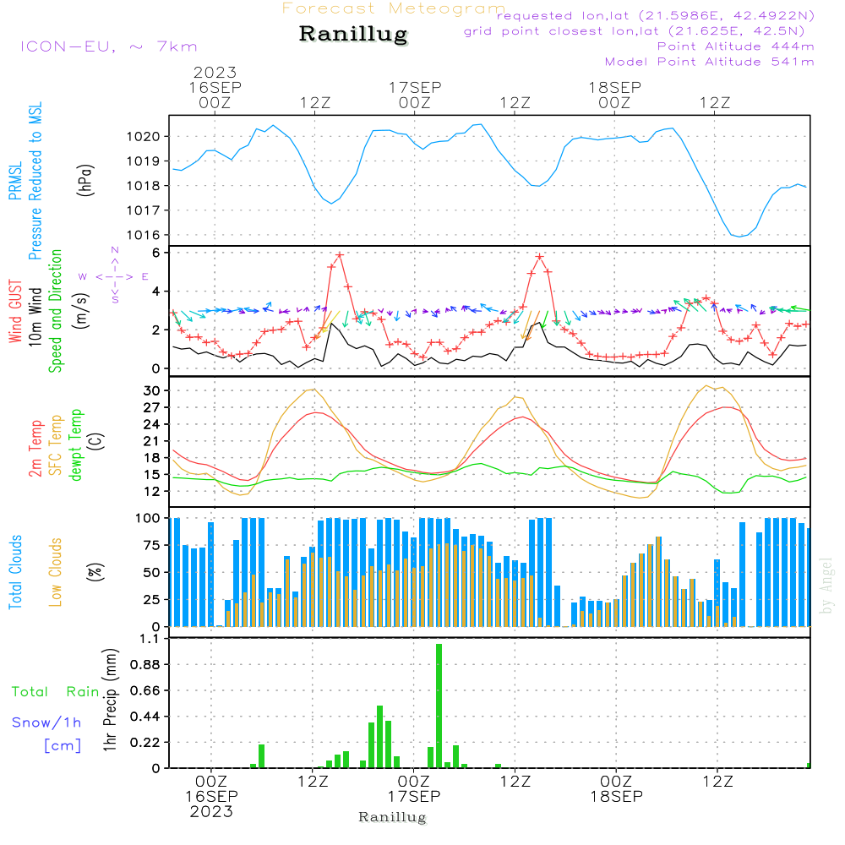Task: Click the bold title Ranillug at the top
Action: pos(353,35)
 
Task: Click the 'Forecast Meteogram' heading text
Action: pos(394,8)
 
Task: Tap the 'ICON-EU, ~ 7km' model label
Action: pos(108,46)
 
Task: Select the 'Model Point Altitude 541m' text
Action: pos(710,62)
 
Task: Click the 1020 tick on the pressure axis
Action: pos(148,136)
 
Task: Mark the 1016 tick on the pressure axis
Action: pos(148,235)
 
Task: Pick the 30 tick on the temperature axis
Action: pos(153,390)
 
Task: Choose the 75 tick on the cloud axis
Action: pos(153,545)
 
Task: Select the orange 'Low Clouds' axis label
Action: pos(56,572)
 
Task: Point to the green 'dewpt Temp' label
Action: pos(76,445)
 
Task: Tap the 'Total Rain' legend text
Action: pos(56,692)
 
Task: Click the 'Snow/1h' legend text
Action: pos(47,722)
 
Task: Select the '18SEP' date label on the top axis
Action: pos(614,87)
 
